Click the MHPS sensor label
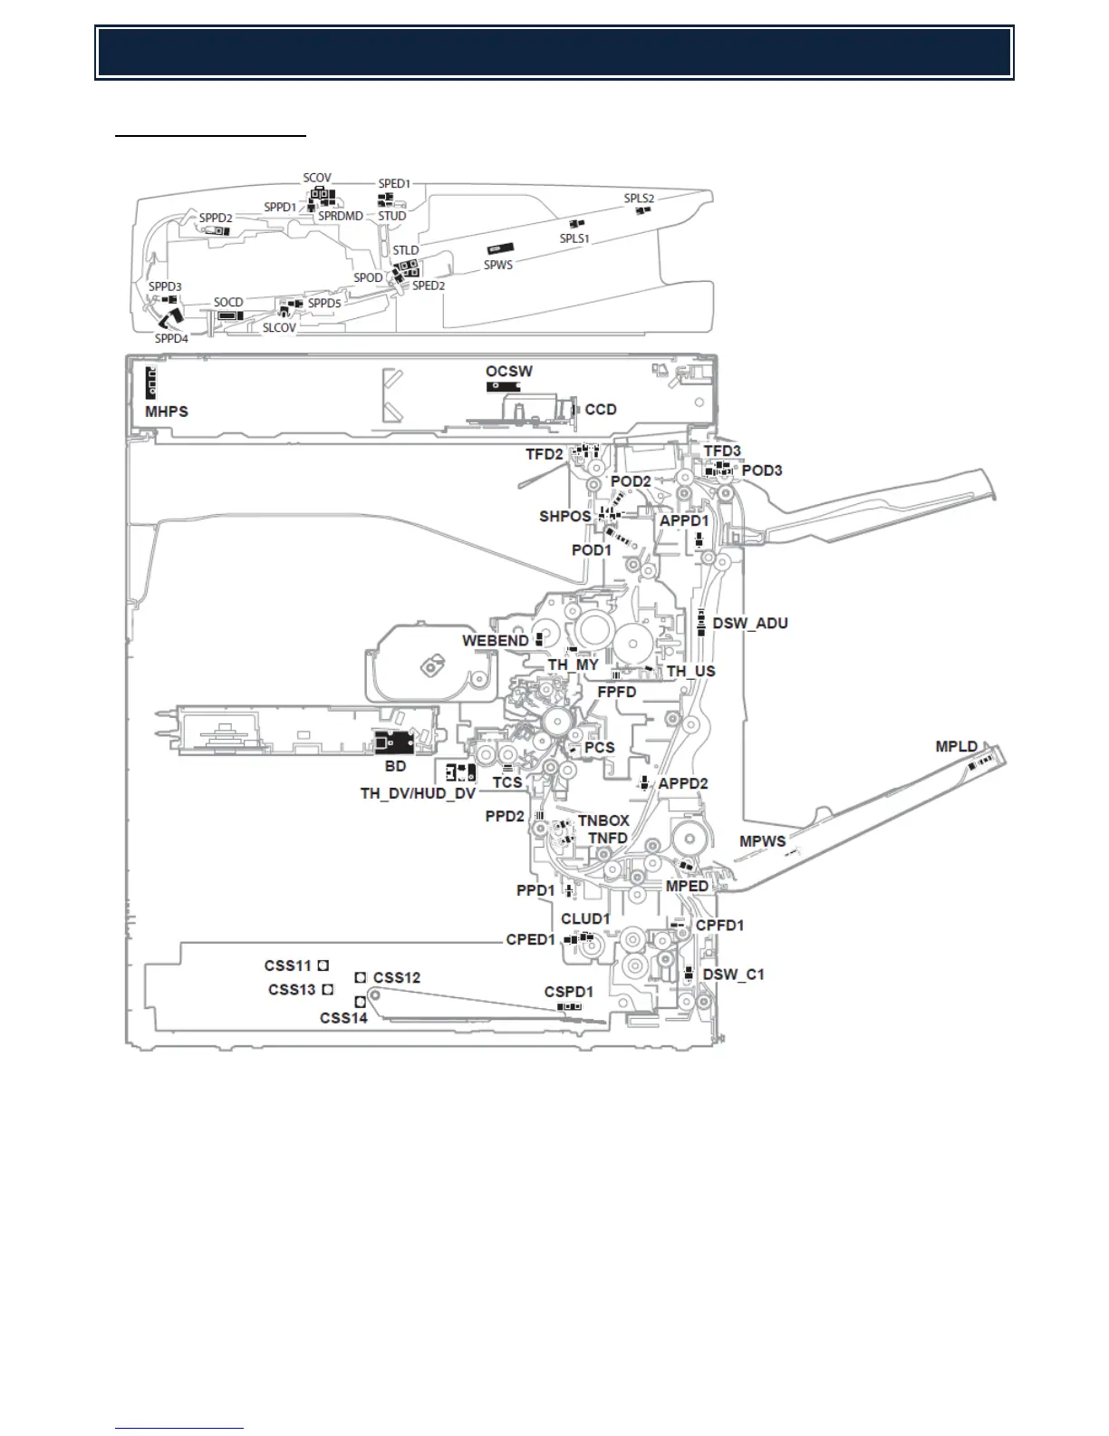pos(167,412)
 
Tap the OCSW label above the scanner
pos(508,372)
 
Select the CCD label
pos(601,410)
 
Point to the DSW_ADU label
pos(750,624)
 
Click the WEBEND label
pos(495,641)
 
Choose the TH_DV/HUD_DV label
pos(418,793)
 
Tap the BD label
pos(395,766)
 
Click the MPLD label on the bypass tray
pos(956,747)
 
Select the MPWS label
pos(762,841)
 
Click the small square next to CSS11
pos(323,966)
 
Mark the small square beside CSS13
pos(328,989)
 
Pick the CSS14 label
pos(343,1018)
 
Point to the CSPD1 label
pos(568,992)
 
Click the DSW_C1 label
pos(733,975)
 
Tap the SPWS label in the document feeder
pos(497,265)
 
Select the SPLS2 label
pos(638,199)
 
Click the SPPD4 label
pos(171,339)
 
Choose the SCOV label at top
pos(317,179)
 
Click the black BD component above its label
pos(394,741)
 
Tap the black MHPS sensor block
pos(151,384)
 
